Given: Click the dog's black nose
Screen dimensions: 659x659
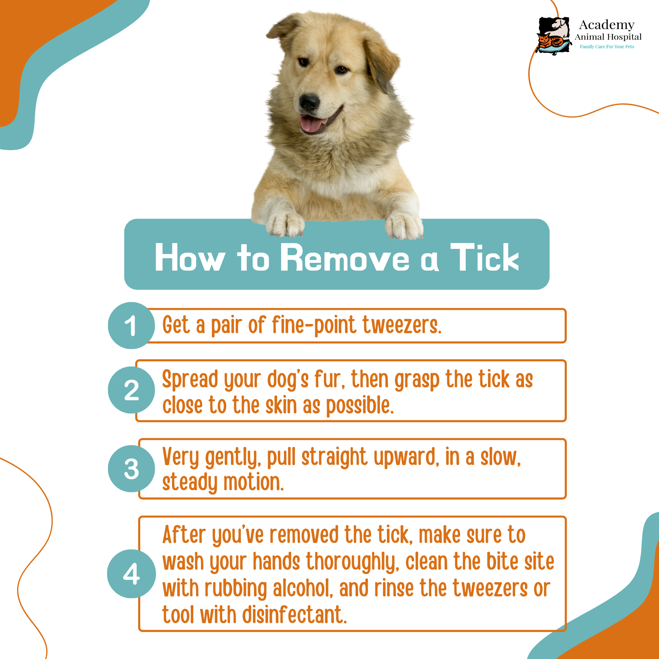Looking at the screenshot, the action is coord(309,102).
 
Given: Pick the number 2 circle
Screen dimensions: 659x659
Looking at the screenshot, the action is coord(131,390).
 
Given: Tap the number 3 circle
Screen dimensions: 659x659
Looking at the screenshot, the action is coord(131,469).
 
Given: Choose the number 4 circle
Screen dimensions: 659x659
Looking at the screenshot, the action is coord(131,574).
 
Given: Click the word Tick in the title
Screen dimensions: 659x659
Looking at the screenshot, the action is coord(485,258).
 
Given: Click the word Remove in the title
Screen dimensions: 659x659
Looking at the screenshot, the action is coord(345,258).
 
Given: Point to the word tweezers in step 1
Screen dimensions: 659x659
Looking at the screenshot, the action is coord(402,325).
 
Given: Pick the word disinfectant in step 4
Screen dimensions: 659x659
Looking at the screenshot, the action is coord(294,615).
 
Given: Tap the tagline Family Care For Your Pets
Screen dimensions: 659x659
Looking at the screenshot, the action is coord(607,46).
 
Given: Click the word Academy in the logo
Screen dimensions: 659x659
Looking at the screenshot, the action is coord(607,25).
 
